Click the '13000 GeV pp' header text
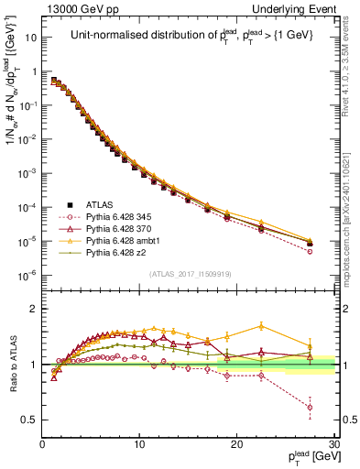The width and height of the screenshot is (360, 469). (78, 7)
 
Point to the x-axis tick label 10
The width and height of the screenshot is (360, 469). (139, 445)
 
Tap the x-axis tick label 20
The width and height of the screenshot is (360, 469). (236, 445)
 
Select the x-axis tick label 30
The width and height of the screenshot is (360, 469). (333, 445)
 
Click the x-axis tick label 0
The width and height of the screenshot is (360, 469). (43, 445)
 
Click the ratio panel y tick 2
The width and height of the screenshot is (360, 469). (33, 309)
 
